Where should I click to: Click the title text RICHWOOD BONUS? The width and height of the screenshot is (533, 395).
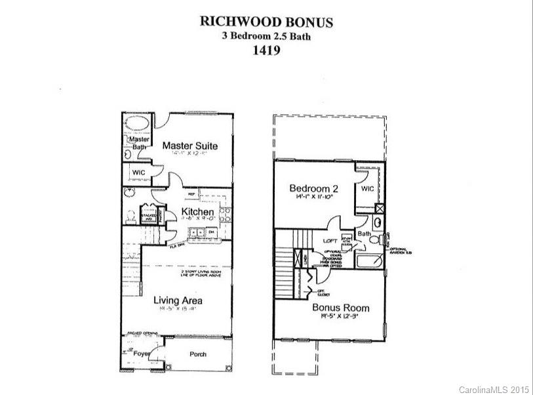[266, 22]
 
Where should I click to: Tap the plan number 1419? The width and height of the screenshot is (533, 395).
[266, 51]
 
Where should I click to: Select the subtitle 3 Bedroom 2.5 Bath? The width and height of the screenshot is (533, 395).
[266, 37]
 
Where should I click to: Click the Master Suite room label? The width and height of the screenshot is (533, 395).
[189, 145]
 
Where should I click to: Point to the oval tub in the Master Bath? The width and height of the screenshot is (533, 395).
[137, 125]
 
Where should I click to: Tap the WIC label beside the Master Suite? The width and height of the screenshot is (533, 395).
[138, 173]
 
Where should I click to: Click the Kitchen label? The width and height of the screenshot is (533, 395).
[197, 212]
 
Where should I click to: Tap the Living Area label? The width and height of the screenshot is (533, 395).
[178, 301]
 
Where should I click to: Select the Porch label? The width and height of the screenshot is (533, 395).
[197, 354]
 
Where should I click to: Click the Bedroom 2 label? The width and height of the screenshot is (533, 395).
[313, 189]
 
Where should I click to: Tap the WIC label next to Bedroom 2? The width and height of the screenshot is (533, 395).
[367, 188]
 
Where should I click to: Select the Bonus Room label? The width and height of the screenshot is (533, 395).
[340, 308]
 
